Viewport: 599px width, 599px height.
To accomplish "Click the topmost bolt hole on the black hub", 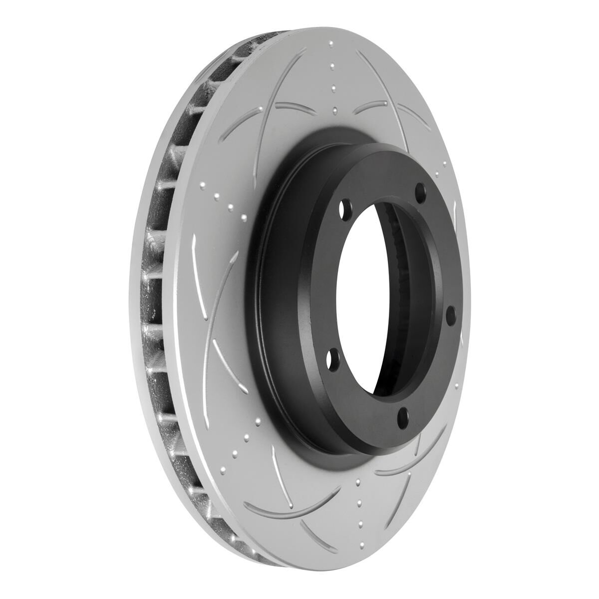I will pyautogui.click(x=420, y=191).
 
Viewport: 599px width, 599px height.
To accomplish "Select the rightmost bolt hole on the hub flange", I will pyautogui.click(x=450, y=314).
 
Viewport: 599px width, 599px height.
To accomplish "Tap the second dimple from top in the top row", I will pyautogui.click(x=332, y=66).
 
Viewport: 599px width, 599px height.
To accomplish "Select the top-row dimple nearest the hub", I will pyautogui.click(x=334, y=110).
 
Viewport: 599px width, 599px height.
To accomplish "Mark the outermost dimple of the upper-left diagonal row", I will pyautogui.click(x=202, y=186).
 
